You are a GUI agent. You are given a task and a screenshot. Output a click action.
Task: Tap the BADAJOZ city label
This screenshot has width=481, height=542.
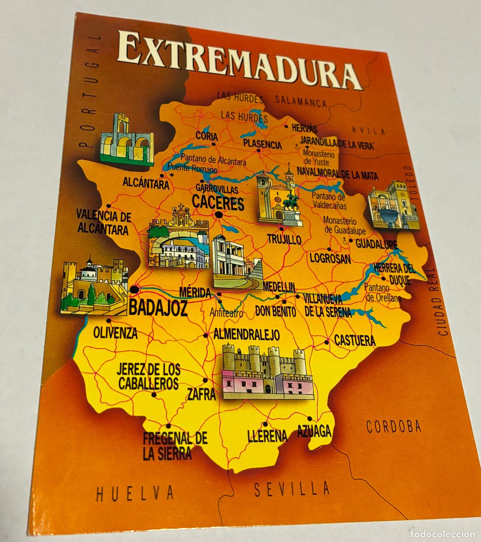tap(158, 307)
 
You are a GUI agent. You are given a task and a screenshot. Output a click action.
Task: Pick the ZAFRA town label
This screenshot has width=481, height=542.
tap(202, 395)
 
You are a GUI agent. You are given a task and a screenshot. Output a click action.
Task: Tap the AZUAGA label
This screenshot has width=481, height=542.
tap(314, 431)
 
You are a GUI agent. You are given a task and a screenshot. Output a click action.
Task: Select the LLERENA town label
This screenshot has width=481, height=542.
tap(267, 435)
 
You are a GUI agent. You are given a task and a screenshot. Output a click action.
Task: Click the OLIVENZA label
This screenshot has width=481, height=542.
tap(115, 332)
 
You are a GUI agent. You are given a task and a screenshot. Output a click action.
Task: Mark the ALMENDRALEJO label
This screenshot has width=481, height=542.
tap(247, 334)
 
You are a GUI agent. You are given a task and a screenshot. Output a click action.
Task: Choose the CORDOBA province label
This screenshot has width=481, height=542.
tap(394, 427)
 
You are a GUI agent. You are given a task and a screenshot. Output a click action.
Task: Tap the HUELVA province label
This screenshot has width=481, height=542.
tap(135, 492)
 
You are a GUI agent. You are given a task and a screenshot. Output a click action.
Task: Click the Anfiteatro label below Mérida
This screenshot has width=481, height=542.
tap(226, 313)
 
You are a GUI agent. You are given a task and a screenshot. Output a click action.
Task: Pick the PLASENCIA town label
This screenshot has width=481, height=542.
tap(262, 145)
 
